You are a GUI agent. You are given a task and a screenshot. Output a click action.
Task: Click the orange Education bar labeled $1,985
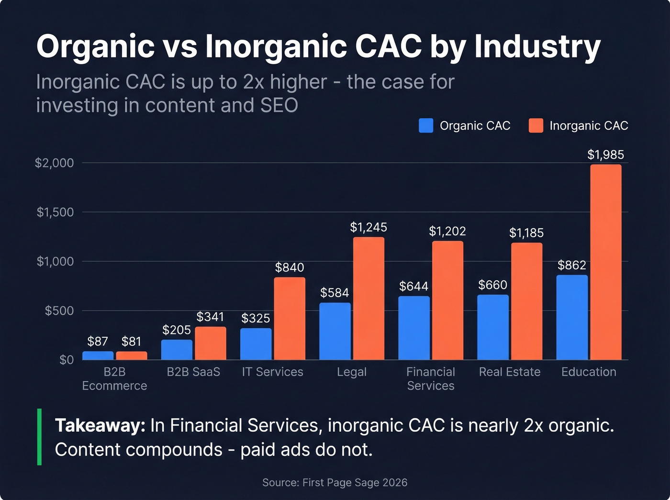coord(605,262)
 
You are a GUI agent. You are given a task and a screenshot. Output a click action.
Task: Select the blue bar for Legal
coord(335,331)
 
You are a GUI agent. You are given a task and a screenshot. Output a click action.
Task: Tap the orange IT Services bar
coord(290,319)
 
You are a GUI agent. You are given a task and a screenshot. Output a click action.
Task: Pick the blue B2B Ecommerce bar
coord(98,356)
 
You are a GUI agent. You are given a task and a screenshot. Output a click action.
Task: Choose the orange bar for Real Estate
coord(526,301)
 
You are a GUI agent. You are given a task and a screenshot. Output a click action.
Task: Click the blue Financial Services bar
coord(414,328)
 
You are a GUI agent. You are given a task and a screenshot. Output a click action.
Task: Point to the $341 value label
coord(210,317)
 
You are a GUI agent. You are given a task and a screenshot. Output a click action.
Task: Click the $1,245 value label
coord(368,227)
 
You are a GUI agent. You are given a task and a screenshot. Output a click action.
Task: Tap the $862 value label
coord(572,265)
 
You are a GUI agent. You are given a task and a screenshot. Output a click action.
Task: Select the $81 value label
coord(131,341)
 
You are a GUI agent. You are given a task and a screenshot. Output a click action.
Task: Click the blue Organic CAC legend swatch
coord(426,126)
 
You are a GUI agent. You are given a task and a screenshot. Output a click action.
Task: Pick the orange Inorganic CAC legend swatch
coord(536,126)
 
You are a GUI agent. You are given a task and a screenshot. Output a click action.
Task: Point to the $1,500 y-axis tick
coord(55,212)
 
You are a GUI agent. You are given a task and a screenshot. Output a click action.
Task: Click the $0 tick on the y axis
coord(67,360)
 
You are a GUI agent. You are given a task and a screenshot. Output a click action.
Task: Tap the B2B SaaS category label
coord(193,372)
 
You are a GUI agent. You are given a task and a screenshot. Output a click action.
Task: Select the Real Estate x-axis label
coord(510,372)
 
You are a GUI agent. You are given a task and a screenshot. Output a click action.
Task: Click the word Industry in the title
coord(537,47)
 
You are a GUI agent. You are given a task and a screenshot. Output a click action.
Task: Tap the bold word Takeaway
coord(100,425)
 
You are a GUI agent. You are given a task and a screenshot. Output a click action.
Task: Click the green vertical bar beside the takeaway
coord(39,437)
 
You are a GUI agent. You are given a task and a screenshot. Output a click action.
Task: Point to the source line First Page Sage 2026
coord(335,482)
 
